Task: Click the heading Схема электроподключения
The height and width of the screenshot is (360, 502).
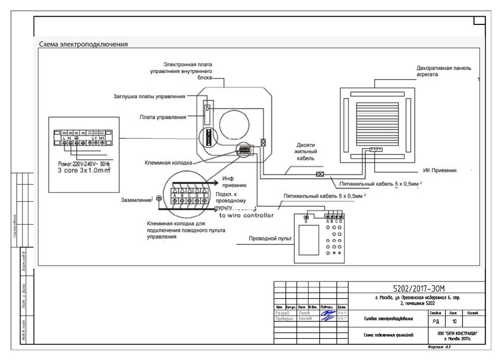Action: pyautogui.click(x=83, y=45)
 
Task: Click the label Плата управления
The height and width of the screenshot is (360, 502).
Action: pyautogui.click(x=163, y=117)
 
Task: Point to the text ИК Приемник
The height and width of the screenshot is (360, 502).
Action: pyautogui.click(x=440, y=171)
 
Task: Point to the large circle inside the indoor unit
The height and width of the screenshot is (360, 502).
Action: pyautogui.click(x=234, y=124)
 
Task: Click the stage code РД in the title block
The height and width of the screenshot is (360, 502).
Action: pyautogui.click(x=436, y=321)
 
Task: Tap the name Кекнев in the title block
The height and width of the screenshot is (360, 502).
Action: pyautogui.click(x=305, y=319)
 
